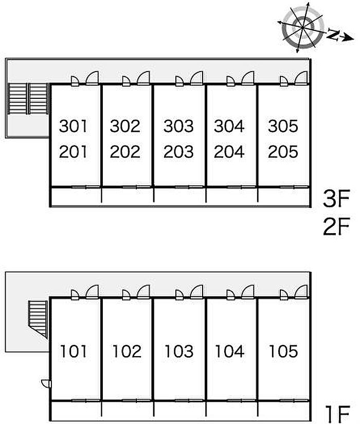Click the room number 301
[x=74, y=126]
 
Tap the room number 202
[x=125, y=152]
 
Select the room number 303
[x=178, y=126]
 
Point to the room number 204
[x=229, y=152]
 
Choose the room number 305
[x=283, y=126]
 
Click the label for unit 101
[x=74, y=351]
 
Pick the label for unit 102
[x=127, y=351]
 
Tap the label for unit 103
[x=179, y=351]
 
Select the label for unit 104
[x=230, y=351]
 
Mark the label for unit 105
[x=283, y=351]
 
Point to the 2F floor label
[x=337, y=226]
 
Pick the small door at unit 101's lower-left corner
[x=46, y=383]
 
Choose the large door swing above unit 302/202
[x=143, y=78]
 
